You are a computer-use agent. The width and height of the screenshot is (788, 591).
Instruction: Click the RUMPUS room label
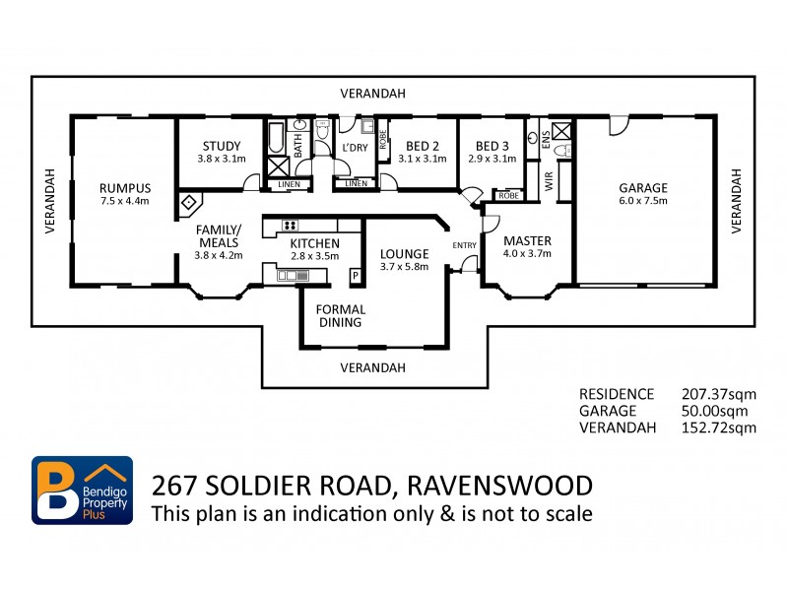point(124,187)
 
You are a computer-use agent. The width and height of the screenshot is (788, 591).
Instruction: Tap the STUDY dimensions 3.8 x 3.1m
point(221,159)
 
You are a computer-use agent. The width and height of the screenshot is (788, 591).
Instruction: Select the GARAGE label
point(642,187)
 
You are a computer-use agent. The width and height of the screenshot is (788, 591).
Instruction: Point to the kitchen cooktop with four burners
point(290,225)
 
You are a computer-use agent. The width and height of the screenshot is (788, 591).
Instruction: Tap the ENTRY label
point(463,245)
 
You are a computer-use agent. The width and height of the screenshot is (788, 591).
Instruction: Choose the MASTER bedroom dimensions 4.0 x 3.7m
point(527,254)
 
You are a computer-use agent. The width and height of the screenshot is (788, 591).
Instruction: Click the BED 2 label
point(423,144)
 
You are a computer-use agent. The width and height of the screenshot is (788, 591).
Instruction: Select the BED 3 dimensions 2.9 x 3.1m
point(492,159)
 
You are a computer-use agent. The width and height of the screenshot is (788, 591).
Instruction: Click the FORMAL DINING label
point(341,315)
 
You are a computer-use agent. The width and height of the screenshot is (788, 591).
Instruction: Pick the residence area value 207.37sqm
point(719,393)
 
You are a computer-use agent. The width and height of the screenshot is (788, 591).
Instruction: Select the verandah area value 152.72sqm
point(719,427)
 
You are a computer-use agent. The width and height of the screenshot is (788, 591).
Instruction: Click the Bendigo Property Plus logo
point(83,490)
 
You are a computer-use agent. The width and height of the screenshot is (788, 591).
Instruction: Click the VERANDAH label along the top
point(372,94)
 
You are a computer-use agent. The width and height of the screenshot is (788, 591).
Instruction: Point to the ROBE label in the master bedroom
point(508,196)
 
